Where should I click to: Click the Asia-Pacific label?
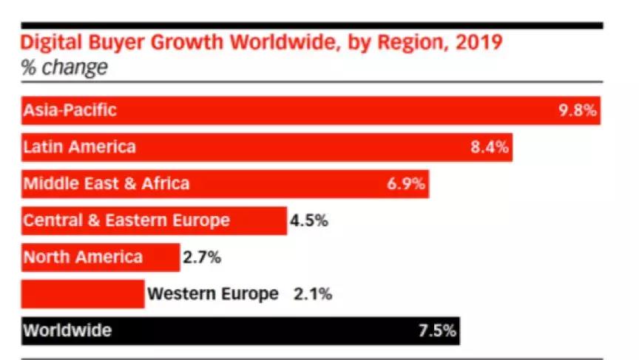[x=70, y=110]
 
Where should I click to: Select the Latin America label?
[x=79, y=146]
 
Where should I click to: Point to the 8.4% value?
[x=490, y=147]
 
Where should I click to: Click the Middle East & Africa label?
[x=106, y=183]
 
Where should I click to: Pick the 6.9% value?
[x=406, y=184]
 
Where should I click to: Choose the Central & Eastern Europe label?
[x=126, y=220]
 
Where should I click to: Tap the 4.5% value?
[x=308, y=220]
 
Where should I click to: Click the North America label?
[x=83, y=257]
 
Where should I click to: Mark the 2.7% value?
[x=201, y=258]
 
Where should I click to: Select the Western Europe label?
[x=213, y=294]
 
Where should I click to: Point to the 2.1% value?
[x=313, y=294]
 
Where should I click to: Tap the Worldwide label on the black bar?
[x=67, y=330]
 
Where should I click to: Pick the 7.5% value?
[x=437, y=331]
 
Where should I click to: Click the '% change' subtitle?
[x=64, y=68]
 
